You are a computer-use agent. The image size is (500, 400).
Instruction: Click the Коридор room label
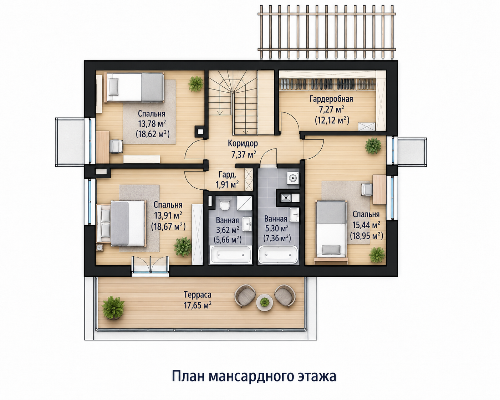[x=243, y=143]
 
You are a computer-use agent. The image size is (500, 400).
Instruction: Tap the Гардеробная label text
[x=331, y=99]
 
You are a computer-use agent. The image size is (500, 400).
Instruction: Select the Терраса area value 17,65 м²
[x=198, y=305]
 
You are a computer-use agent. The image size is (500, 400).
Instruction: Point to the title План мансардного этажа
[x=254, y=376]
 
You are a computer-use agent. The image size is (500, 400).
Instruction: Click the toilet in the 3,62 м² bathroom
[x=225, y=204]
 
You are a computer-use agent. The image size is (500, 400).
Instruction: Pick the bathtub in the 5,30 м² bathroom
[x=278, y=255]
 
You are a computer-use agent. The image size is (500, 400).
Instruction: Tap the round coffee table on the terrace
[x=264, y=302]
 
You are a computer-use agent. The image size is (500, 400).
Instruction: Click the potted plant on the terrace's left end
[x=113, y=308]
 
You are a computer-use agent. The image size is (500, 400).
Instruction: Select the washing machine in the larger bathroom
[x=293, y=178]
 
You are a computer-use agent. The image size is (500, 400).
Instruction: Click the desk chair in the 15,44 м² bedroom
[x=367, y=189]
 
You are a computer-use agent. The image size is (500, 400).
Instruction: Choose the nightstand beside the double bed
[x=100, y=248]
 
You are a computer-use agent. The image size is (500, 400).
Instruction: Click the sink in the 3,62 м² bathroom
[x=247, y=224]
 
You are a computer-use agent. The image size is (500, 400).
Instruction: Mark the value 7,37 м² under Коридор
[x=244, y=154]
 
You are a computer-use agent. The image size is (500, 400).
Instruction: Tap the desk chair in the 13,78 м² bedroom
[x=116, y=146]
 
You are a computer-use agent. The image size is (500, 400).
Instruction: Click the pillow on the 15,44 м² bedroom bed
[x=331, y=250]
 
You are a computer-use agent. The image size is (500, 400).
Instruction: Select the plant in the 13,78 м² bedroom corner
[x=196, y=84]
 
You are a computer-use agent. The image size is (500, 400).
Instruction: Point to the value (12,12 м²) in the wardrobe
[x=332, y=120]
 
